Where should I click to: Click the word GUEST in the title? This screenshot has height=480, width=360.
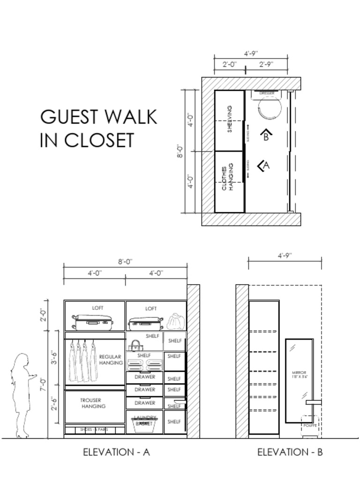[x=69, y=117]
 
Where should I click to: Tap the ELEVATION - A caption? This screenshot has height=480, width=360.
[x=116, y=452]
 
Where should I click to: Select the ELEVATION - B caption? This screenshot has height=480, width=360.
[x=290, y=452]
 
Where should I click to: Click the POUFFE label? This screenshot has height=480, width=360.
[x=310, y=426]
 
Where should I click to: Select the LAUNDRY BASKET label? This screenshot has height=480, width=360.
[x=145, y=420]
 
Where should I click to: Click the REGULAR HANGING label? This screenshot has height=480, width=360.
[x=111, y=360]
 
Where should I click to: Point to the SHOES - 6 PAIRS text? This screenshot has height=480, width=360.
[x=94, y=429]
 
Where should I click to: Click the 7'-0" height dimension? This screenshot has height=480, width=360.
[x=44, y=384]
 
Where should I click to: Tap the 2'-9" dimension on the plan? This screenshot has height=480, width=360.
[x=266, y=64]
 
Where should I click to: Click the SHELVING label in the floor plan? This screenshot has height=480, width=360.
[x=230, y=119]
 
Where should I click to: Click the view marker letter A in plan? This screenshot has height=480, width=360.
[x=266, y=165]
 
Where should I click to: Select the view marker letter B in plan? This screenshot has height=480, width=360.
[x=266, y=137]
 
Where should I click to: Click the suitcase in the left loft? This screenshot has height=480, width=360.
[x=93, y=322]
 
